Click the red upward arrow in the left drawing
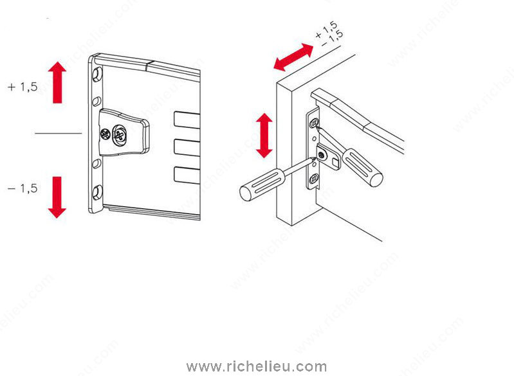[x=57, y=82]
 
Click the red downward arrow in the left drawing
[x=57, y=197]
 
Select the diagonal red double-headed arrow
[x=293, y=57]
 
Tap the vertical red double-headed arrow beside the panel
[x=264, y=136]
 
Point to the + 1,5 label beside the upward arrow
[x=23, y=87]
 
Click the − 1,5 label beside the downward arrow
[x=23, y=189]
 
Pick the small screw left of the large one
[x=106, y=134]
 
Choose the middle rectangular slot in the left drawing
[x=187, y=147]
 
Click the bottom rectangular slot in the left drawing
[x=187, y=175]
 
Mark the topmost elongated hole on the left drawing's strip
[x=97, y=75]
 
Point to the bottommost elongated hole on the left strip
[x=97, y=192]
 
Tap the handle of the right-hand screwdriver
[x=362, y=167]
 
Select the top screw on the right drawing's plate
[x=315, y=123]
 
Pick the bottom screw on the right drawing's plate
[x=314, y=179]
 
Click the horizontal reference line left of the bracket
[x=59, y=133]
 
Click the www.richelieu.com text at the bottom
[x=257, y=366]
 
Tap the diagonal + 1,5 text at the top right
[x=326, y=30]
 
